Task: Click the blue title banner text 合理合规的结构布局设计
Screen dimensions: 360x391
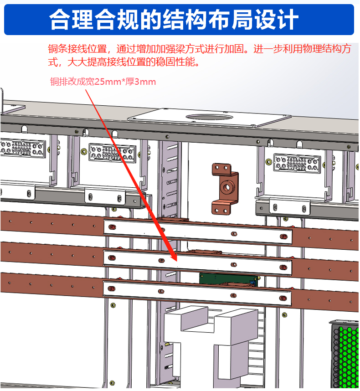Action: click(x=174, y=20)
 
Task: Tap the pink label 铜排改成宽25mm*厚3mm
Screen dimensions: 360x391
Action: click(x=103, y=82)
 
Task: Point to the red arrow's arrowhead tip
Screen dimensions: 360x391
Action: click(x=177, y=261)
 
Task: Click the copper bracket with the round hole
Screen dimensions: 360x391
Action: click(x=225, y=189)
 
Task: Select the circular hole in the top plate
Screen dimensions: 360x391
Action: click(x=209, y=117)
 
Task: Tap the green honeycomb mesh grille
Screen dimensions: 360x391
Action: click(x=345, y=356)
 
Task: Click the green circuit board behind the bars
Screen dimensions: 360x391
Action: click(x=228, y=279)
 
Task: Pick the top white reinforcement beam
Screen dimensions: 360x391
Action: click(x=197, y=232)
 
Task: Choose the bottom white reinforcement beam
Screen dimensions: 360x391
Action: click(x=197, y=293)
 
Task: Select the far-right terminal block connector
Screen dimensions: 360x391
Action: click(x=297, y=163)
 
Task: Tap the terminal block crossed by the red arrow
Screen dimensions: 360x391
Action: click(x=113, y=153)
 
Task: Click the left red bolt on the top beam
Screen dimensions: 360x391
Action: click(x=112, y=227)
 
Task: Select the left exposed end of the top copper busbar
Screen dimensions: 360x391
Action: click(x=52, y=223)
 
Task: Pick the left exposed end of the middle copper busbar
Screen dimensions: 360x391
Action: click(x=52, y=254)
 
